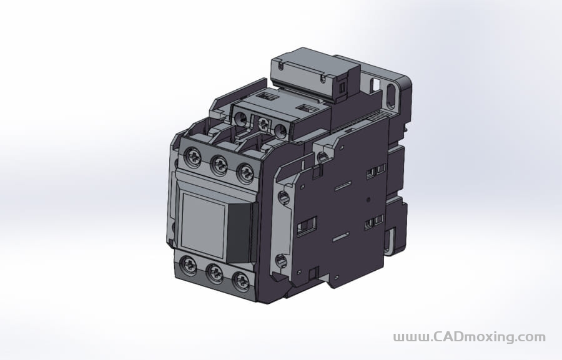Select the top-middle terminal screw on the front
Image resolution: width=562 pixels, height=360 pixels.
tap(219, 165)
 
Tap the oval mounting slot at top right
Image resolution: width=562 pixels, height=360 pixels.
tap(392, 95)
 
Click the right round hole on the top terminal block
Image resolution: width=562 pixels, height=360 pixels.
tap(282, 130)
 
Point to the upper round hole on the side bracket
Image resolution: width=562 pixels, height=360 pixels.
tap(283, 199)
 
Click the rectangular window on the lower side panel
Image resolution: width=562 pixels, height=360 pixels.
tap(307, 226)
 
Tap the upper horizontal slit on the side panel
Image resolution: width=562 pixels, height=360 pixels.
tap(342, 186)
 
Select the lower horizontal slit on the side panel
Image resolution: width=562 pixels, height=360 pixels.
tap(340, 238)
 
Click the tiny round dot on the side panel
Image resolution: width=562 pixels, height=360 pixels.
tap(368, 200)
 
